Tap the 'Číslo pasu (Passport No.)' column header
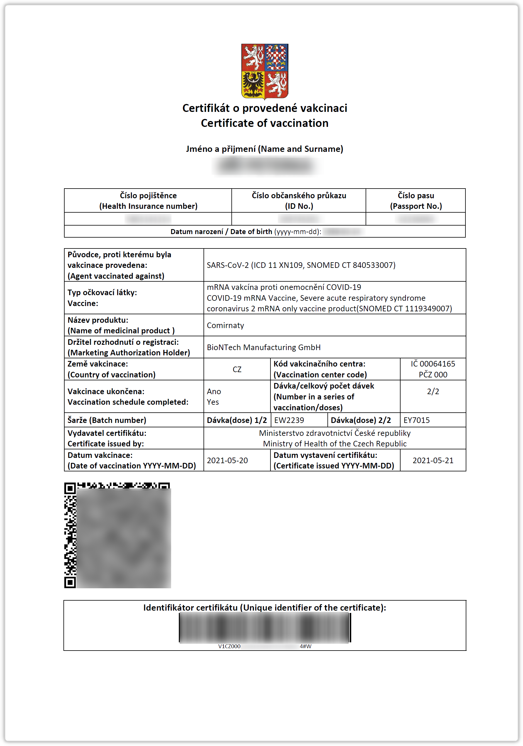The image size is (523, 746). click(416, 201)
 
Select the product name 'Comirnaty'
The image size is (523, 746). click(225, 325)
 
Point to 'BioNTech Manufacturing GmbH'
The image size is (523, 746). click(263, 347)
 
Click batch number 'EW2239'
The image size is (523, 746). click(289, 420)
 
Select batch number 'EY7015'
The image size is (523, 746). click(416, 420)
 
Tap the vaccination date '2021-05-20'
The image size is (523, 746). click(227, 461)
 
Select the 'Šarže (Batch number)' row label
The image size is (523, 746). click(107, 420)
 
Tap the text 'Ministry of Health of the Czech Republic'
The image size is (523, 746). click(334, 444)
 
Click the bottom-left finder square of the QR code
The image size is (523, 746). click(70, 582)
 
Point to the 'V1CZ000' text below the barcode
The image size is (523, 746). click(229, 646)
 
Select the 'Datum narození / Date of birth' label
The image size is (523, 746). click(221, 232)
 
